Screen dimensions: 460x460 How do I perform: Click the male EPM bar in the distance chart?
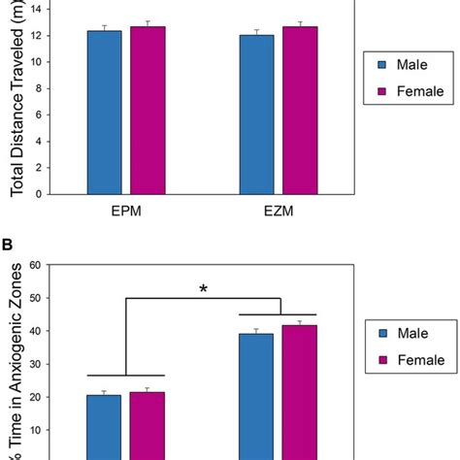pos(104,112)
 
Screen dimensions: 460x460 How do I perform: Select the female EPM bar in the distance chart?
pos(148,110)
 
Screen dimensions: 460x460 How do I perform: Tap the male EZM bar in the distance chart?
pos(257,114)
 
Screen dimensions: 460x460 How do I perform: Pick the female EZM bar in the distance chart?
pos(300,110)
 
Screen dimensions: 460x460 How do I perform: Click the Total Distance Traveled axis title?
pos(17,97)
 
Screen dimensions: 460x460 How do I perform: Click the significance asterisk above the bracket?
pos(202,288)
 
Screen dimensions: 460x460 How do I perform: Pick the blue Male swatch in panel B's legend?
pos(381,329)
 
